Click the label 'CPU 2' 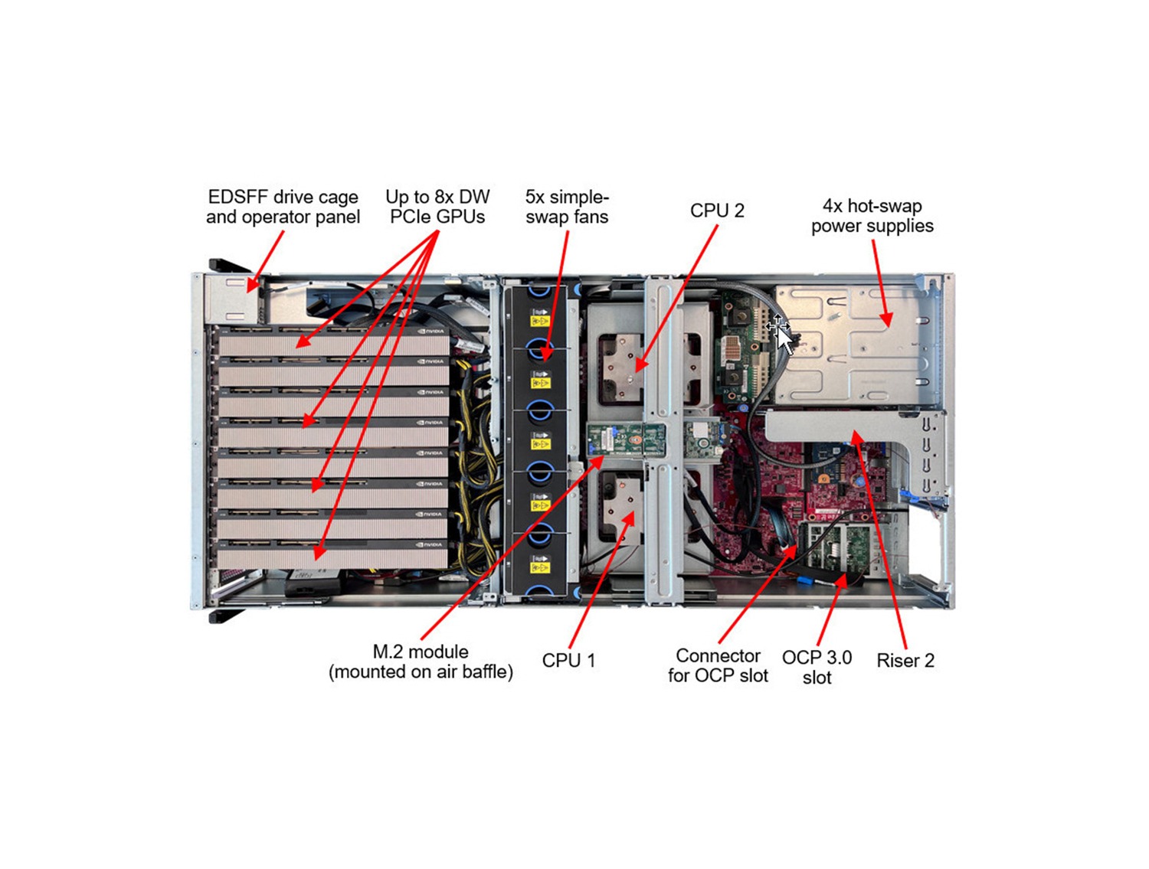[716, 211]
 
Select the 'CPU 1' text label [568, 660]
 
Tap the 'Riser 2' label [905, 660]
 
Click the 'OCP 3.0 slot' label [817, 667]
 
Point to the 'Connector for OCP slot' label [718, 665]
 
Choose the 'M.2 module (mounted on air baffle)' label [421, 662]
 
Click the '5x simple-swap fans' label [567, 207]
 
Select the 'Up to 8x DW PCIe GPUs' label [437, 207]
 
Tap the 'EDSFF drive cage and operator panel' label [283, 207]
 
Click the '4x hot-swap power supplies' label [872, 216]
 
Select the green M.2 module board [625, 441]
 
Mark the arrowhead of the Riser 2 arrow [856, 436]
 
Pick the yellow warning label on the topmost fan [540, 320]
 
